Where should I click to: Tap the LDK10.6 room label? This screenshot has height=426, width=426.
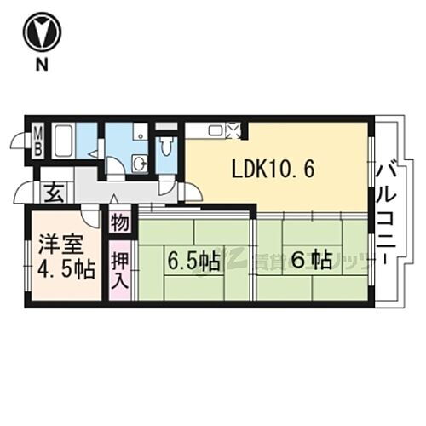click(x=273, y=168)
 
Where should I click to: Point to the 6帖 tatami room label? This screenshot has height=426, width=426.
click(x=308, y=261)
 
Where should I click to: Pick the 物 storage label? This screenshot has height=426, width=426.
click(x=119, y=224)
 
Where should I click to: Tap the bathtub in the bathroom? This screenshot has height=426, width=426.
click(x=65, y=141)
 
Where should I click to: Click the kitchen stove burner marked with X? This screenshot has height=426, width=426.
click(x=234, y=130)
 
